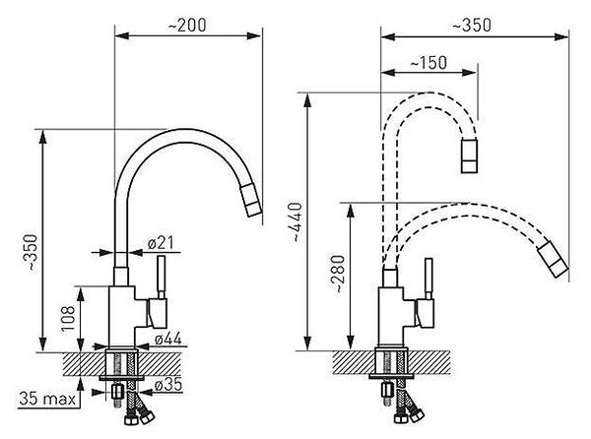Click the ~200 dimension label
(x=187, y=26)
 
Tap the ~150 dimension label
(x=428, y=63)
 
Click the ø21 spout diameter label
(x=161, y=243)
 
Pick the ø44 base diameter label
(x=168, y=339)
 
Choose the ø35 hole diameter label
(x=168, y=385)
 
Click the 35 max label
(x=47, y=398)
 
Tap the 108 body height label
(x=69, y=319)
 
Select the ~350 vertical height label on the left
(x=32, y=252)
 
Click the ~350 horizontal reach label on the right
(x=472, y=26)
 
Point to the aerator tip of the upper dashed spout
(x=469, y=156)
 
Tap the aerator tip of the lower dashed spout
(x=553, y=260)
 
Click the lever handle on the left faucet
(x=161, y=278)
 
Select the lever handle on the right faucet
(x=428, y=279)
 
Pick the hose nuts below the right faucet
(x=409, y=415)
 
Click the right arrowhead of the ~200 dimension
(x=254, y=35)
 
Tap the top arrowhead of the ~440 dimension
(x=308, y=100)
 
